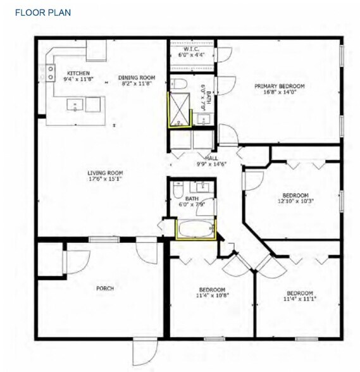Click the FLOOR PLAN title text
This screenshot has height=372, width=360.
coord(43,12)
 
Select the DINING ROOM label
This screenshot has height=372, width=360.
coord(137,78)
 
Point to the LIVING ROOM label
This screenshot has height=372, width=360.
coord(105,173)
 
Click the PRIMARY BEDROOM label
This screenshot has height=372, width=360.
coord(279,86)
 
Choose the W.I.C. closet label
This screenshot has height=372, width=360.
coord(192,49)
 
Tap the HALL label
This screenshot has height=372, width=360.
coord(211,158)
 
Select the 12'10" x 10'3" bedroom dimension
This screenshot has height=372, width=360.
coord(295,201)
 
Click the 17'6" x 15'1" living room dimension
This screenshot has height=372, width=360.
coord(105,178)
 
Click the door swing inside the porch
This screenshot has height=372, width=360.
coord(75,259)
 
